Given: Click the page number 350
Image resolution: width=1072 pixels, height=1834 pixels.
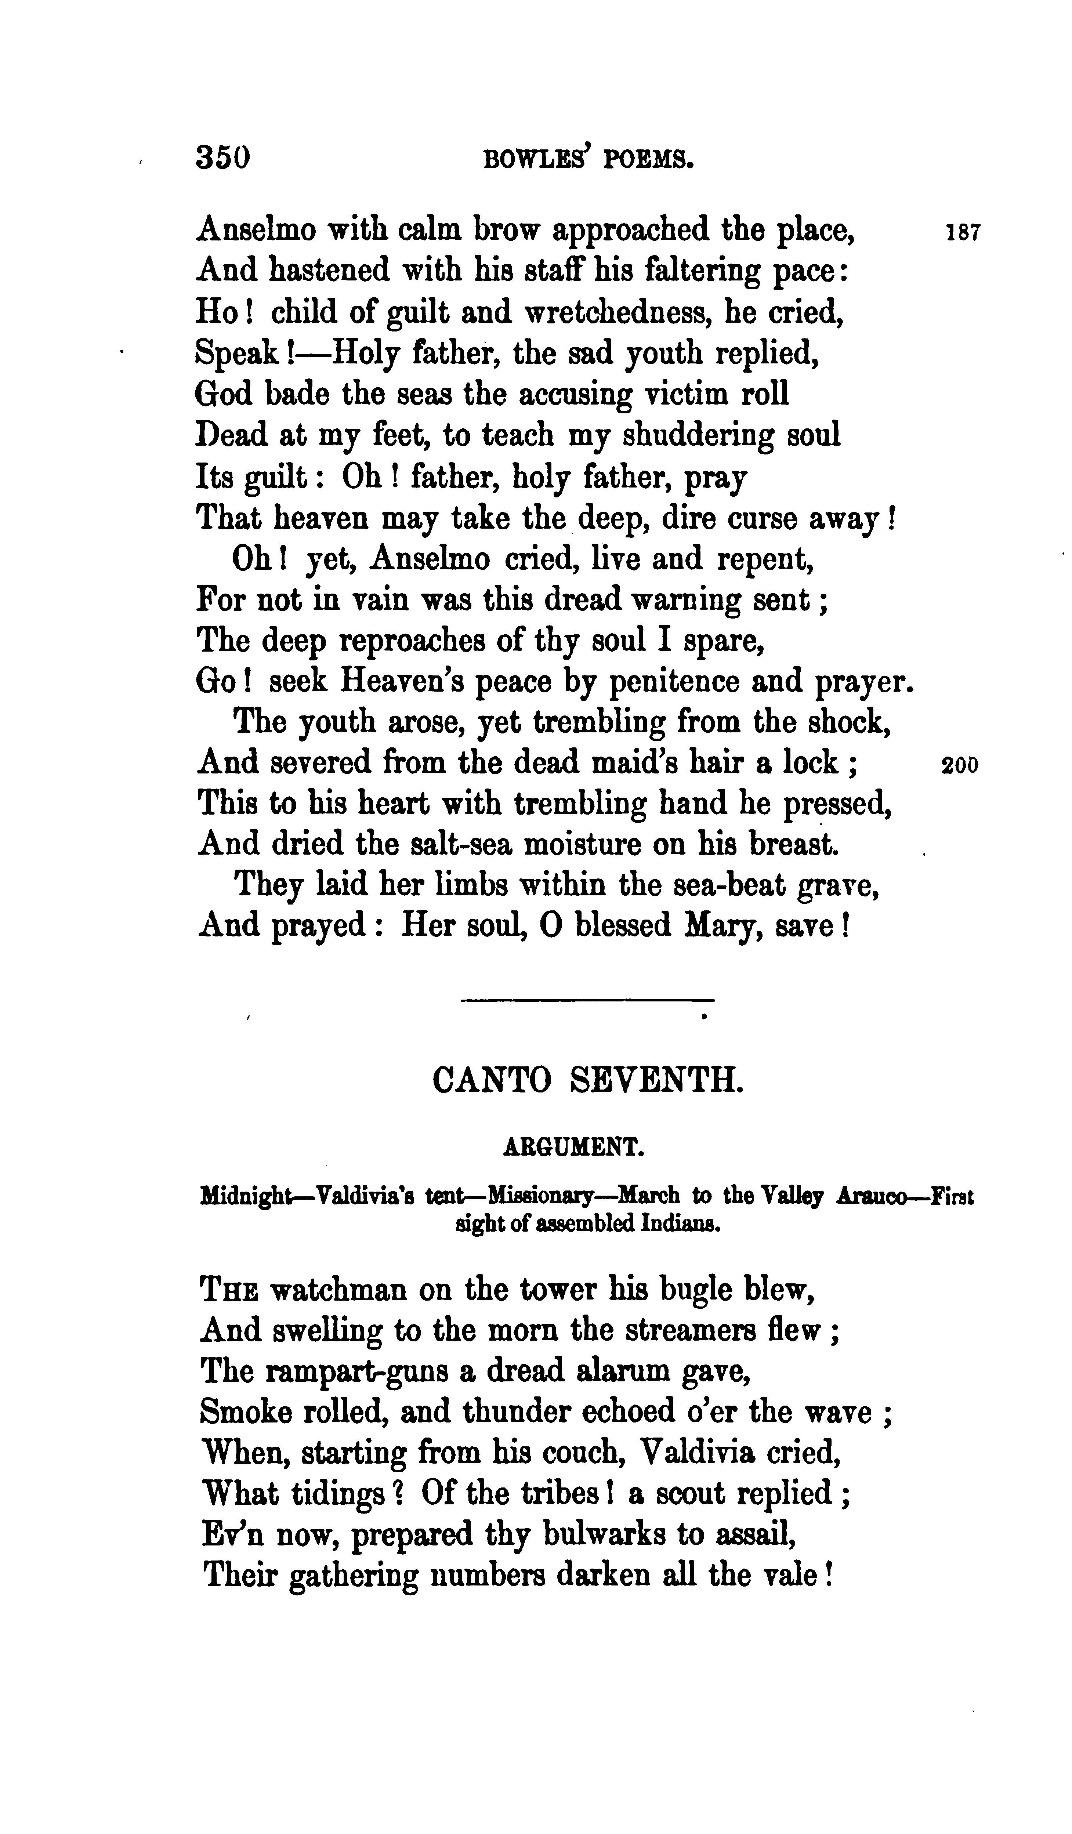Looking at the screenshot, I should [223, 158].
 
